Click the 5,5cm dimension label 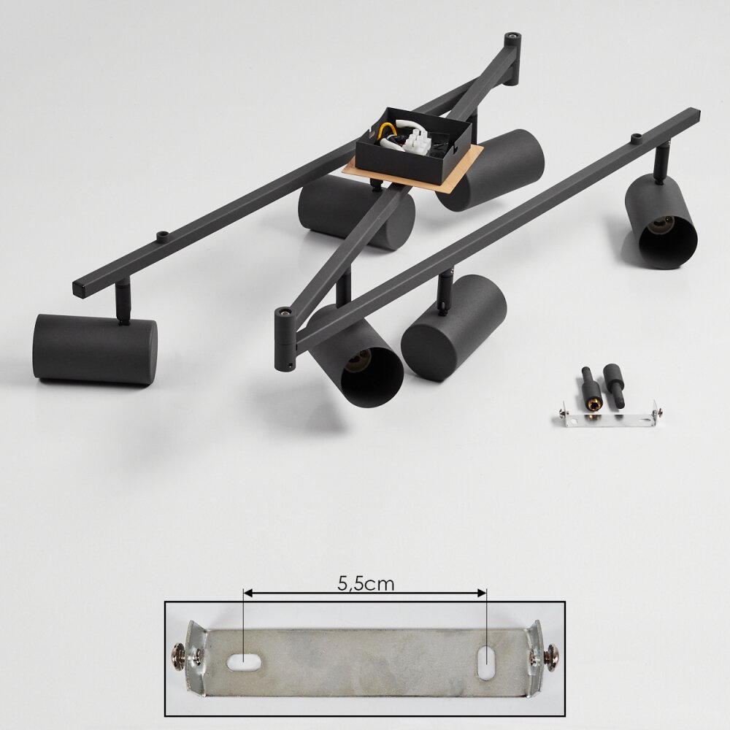pos(366,584)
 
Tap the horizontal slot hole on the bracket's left pos(245,661)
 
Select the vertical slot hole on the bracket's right pos(485,662)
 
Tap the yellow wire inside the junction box pos(384,131)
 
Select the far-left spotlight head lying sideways pos(95,349)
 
